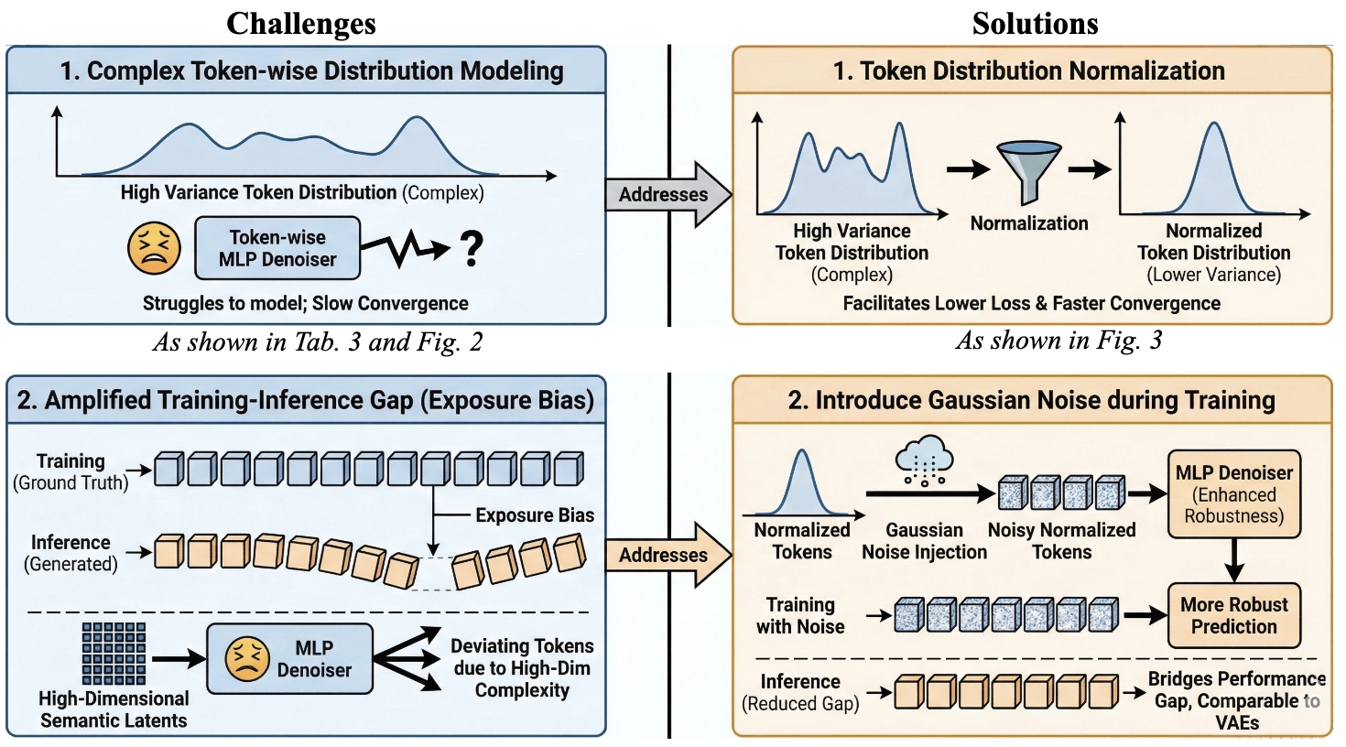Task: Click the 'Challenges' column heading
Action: (x=301, y=24)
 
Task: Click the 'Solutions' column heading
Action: (x=1035, y=24)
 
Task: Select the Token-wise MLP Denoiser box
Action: (x=277, y=248)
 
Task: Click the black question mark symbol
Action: (x=471, y=248)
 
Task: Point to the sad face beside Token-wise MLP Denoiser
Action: (x=154, y=249)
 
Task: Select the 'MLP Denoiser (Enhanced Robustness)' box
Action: (x=1233, y=494)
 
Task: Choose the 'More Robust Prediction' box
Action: (x=1233, y=616)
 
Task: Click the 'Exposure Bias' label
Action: (x=534, y=515)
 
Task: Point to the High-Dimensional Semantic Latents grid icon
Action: (x=114, y=654)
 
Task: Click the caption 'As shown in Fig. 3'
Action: (x=1058, y=341)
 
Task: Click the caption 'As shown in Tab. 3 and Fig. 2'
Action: (x=317, y=342)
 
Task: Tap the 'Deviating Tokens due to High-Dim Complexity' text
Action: (x=522, y=668)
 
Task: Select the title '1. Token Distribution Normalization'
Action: (x=1028, y=70)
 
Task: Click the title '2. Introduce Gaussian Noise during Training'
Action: (x=1031, y=400)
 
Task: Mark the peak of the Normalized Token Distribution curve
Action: (x=1214, y=125)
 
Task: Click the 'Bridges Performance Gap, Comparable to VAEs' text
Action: (x=1236, y=700)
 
